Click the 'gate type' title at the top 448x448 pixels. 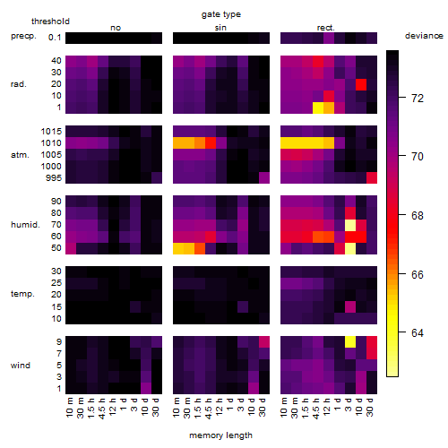[x=221, y=14]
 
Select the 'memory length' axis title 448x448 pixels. [x=220, y=435]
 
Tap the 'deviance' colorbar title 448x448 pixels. [x=424, y=36]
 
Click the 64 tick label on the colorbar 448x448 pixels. [x=418, y=332]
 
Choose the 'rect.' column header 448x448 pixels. [x=325, y=28]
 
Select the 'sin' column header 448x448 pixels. [x=220, y=28]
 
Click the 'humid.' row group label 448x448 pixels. [x=25, y=225]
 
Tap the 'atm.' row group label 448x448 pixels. [x=20, y=155]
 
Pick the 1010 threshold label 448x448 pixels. [x=51, y=143]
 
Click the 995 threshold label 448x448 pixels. [x=54, y=178]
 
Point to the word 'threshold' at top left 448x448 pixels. [x=50, y=22]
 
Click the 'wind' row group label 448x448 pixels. [x=21, y=366]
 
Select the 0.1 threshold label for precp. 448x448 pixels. [x=55, y=38]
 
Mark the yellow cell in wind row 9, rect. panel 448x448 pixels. [x=350, y=341]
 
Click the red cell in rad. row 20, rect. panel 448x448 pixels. [x=361, y=84]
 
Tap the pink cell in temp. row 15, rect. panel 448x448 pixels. [x=350, y=306]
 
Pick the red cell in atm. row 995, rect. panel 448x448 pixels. [x=372, y=177]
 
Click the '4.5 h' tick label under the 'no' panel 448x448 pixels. [x=101, y=408]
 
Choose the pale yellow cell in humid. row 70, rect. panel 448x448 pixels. [x=350, y=225]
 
